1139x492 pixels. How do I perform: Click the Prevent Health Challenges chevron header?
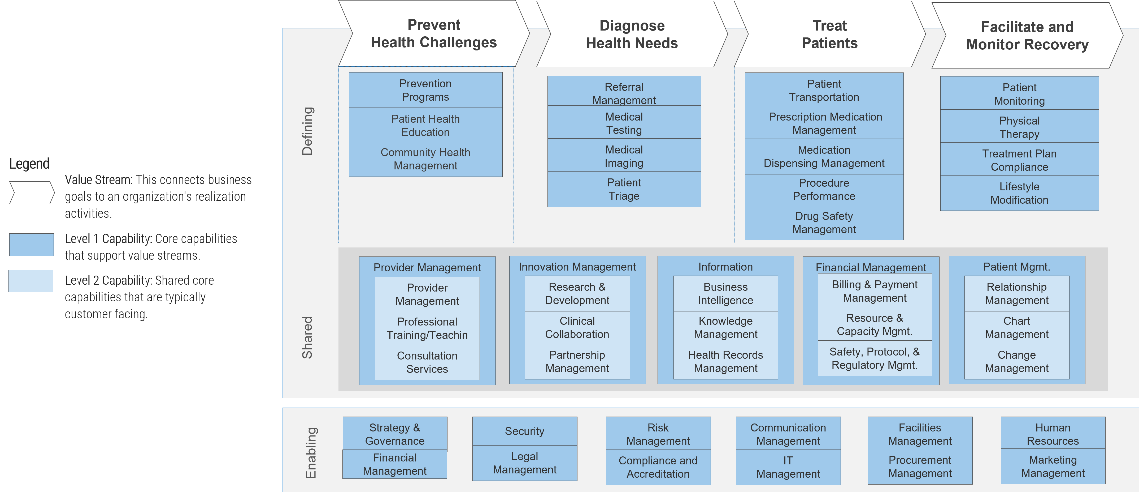[433, 34]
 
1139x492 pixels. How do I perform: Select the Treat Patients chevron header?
[829, 35]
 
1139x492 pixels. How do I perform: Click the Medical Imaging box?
[624, 156]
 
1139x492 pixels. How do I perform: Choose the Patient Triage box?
[624, 189]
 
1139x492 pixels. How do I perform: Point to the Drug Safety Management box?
[824, 223]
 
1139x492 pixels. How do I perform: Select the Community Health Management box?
[425, 159]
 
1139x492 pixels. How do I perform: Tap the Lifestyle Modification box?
[1019, 193]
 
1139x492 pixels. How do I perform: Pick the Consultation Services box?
[427, 362]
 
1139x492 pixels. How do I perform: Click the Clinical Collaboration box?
[577, 327]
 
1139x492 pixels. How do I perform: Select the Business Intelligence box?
[725, 293]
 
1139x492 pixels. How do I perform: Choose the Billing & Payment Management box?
[874, 291]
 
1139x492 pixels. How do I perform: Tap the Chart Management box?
[1016, 327]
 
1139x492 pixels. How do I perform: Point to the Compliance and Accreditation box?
[658, 467]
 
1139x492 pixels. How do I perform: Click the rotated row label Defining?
[307, 131]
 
